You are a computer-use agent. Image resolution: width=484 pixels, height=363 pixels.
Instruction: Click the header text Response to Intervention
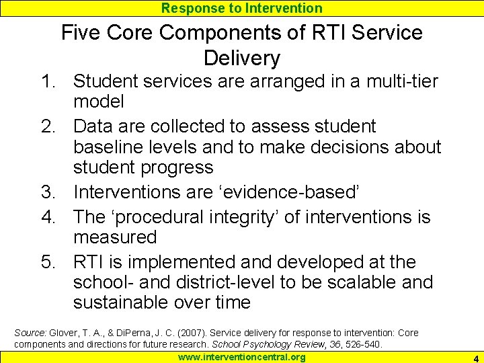click(242, 8)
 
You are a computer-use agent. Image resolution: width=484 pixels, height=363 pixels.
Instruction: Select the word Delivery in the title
click(241, 58)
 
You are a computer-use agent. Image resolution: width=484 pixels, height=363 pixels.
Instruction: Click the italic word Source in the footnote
click(30, 333)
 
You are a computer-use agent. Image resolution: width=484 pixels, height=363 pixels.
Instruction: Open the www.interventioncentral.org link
click(241, 357)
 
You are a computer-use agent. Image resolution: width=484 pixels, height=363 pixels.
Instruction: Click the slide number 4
click(475, 358)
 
